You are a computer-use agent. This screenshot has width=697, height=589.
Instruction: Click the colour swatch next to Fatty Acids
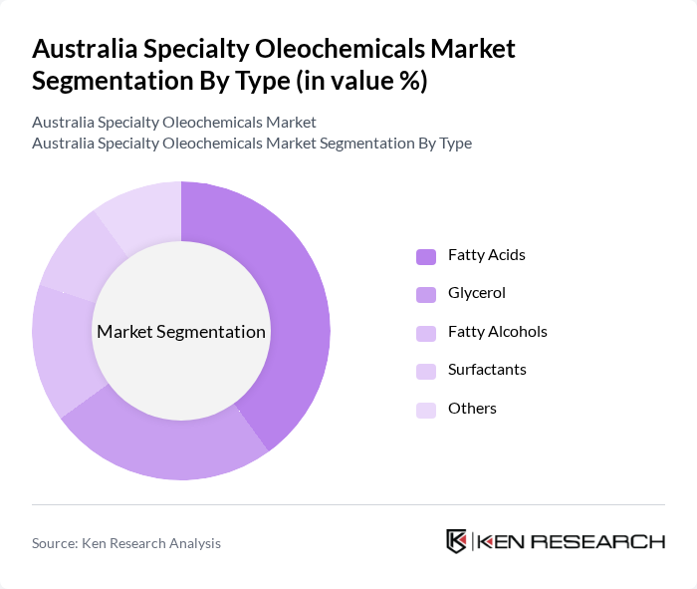click(x=426, y=256)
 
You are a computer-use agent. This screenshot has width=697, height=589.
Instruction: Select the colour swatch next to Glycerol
click(x=426, y=294)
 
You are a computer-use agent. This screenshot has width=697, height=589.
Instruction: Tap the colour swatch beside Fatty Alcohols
click(x=426, y=333)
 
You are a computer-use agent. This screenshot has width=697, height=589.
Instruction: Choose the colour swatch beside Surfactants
click(x=426, y=371)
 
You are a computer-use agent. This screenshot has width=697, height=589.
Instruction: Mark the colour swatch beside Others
click(x=426, y=410)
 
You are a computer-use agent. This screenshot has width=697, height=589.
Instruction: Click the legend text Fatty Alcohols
click(x=498, y=332)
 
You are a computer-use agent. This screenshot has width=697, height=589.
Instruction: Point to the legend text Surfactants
click(x=487, y=370)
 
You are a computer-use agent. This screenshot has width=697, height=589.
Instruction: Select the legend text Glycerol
click(x=477, y=293)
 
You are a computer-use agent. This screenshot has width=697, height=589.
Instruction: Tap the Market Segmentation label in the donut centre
click(x=181, y=332)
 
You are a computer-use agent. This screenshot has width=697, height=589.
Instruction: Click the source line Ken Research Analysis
click(x=126, y=543)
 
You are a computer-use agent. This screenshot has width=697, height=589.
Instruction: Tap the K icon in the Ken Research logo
click(x=457, y=541)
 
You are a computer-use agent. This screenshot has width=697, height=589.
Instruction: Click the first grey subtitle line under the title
click(x=174, y=123)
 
